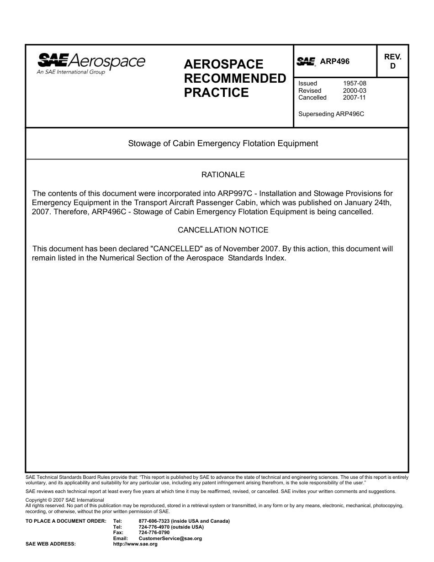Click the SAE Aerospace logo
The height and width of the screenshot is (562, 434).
pyautogui.click(x=91, y=63)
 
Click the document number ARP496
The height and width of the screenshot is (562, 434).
pyautogui.click(x=335, y=61)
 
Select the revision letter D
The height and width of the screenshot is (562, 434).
pyautogui.click(x=392, y=66)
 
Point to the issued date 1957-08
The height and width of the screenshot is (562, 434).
pyautogui.click(x=355, y=84)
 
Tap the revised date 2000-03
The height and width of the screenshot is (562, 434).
pyautogui.click(x=355, y=90)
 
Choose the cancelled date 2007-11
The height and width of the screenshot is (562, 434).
pyautogui.click(x=355, y=97)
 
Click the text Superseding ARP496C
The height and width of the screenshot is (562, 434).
pyautogui.click(x=331, y=114)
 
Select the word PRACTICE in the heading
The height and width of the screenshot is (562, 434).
pyautogui.click(x=216, y=93)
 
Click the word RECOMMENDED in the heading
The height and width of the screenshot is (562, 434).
pyautogui.click(x=235, y=79)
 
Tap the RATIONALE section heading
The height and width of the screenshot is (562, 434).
pyautogui.click(x=223, y=175)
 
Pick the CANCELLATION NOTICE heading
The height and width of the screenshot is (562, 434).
pyautogui.click(x=223, y=230)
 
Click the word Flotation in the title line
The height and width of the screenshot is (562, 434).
pyautogui.click(x=245, y=143)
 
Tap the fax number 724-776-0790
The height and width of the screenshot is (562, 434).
pyautogui.click(x=154, y=533)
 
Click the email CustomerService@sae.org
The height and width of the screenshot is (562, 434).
pyautogui.click(x=170, y=539)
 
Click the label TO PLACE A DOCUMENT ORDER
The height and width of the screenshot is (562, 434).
pyautogui.click(x=66, y=521)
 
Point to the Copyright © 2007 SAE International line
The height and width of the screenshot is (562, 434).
pyautogui.click(x=65, y=500)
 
